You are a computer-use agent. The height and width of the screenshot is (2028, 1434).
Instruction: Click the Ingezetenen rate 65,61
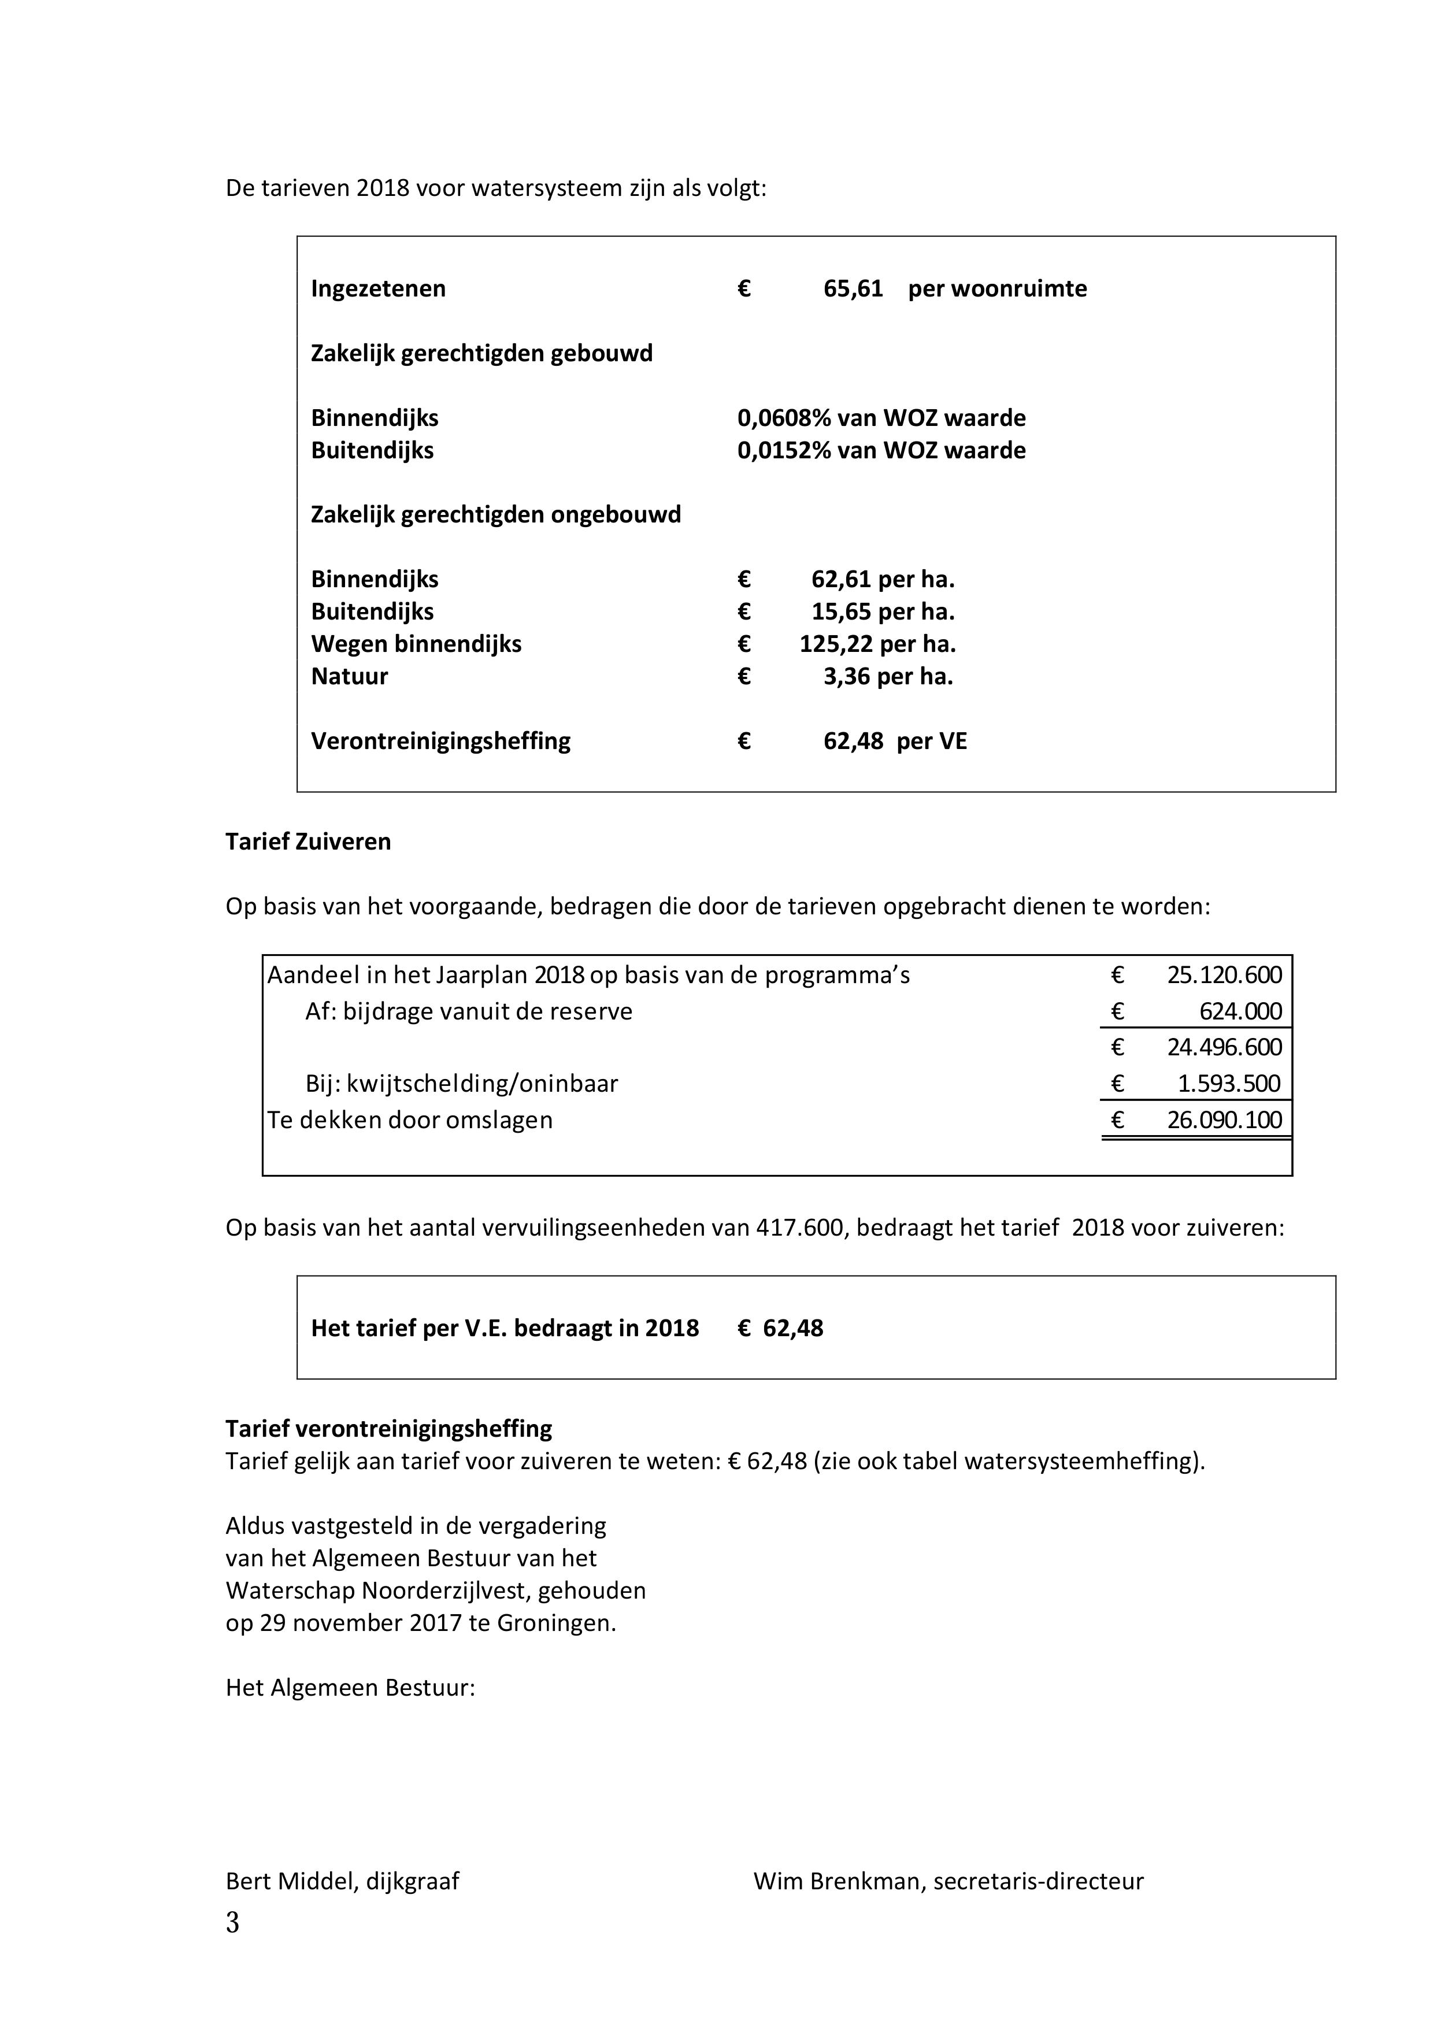point(853,289)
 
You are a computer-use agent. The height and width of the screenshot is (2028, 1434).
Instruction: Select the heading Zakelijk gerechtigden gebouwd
point(481,353)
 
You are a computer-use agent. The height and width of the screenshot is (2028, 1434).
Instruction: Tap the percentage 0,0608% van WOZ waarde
point(881,418)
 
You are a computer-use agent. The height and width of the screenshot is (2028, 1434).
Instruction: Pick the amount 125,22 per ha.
point(877,644)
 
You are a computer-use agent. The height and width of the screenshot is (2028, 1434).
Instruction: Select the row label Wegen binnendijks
point(416,644)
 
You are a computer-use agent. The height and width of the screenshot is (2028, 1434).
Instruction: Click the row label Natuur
point(349,677)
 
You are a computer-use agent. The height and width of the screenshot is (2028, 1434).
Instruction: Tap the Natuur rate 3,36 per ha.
point(888,677)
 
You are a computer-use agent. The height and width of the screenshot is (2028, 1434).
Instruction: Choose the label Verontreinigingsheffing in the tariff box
point(440,741)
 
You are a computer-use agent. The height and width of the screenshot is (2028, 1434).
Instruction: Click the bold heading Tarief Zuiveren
point(307,841)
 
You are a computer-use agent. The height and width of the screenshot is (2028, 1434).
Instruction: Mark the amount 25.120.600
point(1224,975)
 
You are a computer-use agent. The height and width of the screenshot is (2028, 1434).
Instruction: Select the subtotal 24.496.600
point(1224,1048)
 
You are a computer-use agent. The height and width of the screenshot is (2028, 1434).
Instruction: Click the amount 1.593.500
point(1229,1084)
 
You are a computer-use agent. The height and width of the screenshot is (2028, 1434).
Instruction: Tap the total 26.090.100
point(1224,1120)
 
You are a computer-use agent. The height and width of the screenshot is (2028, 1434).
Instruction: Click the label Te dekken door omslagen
point(410,1120)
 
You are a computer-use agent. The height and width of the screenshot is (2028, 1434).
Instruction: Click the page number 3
point(232,1923)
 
